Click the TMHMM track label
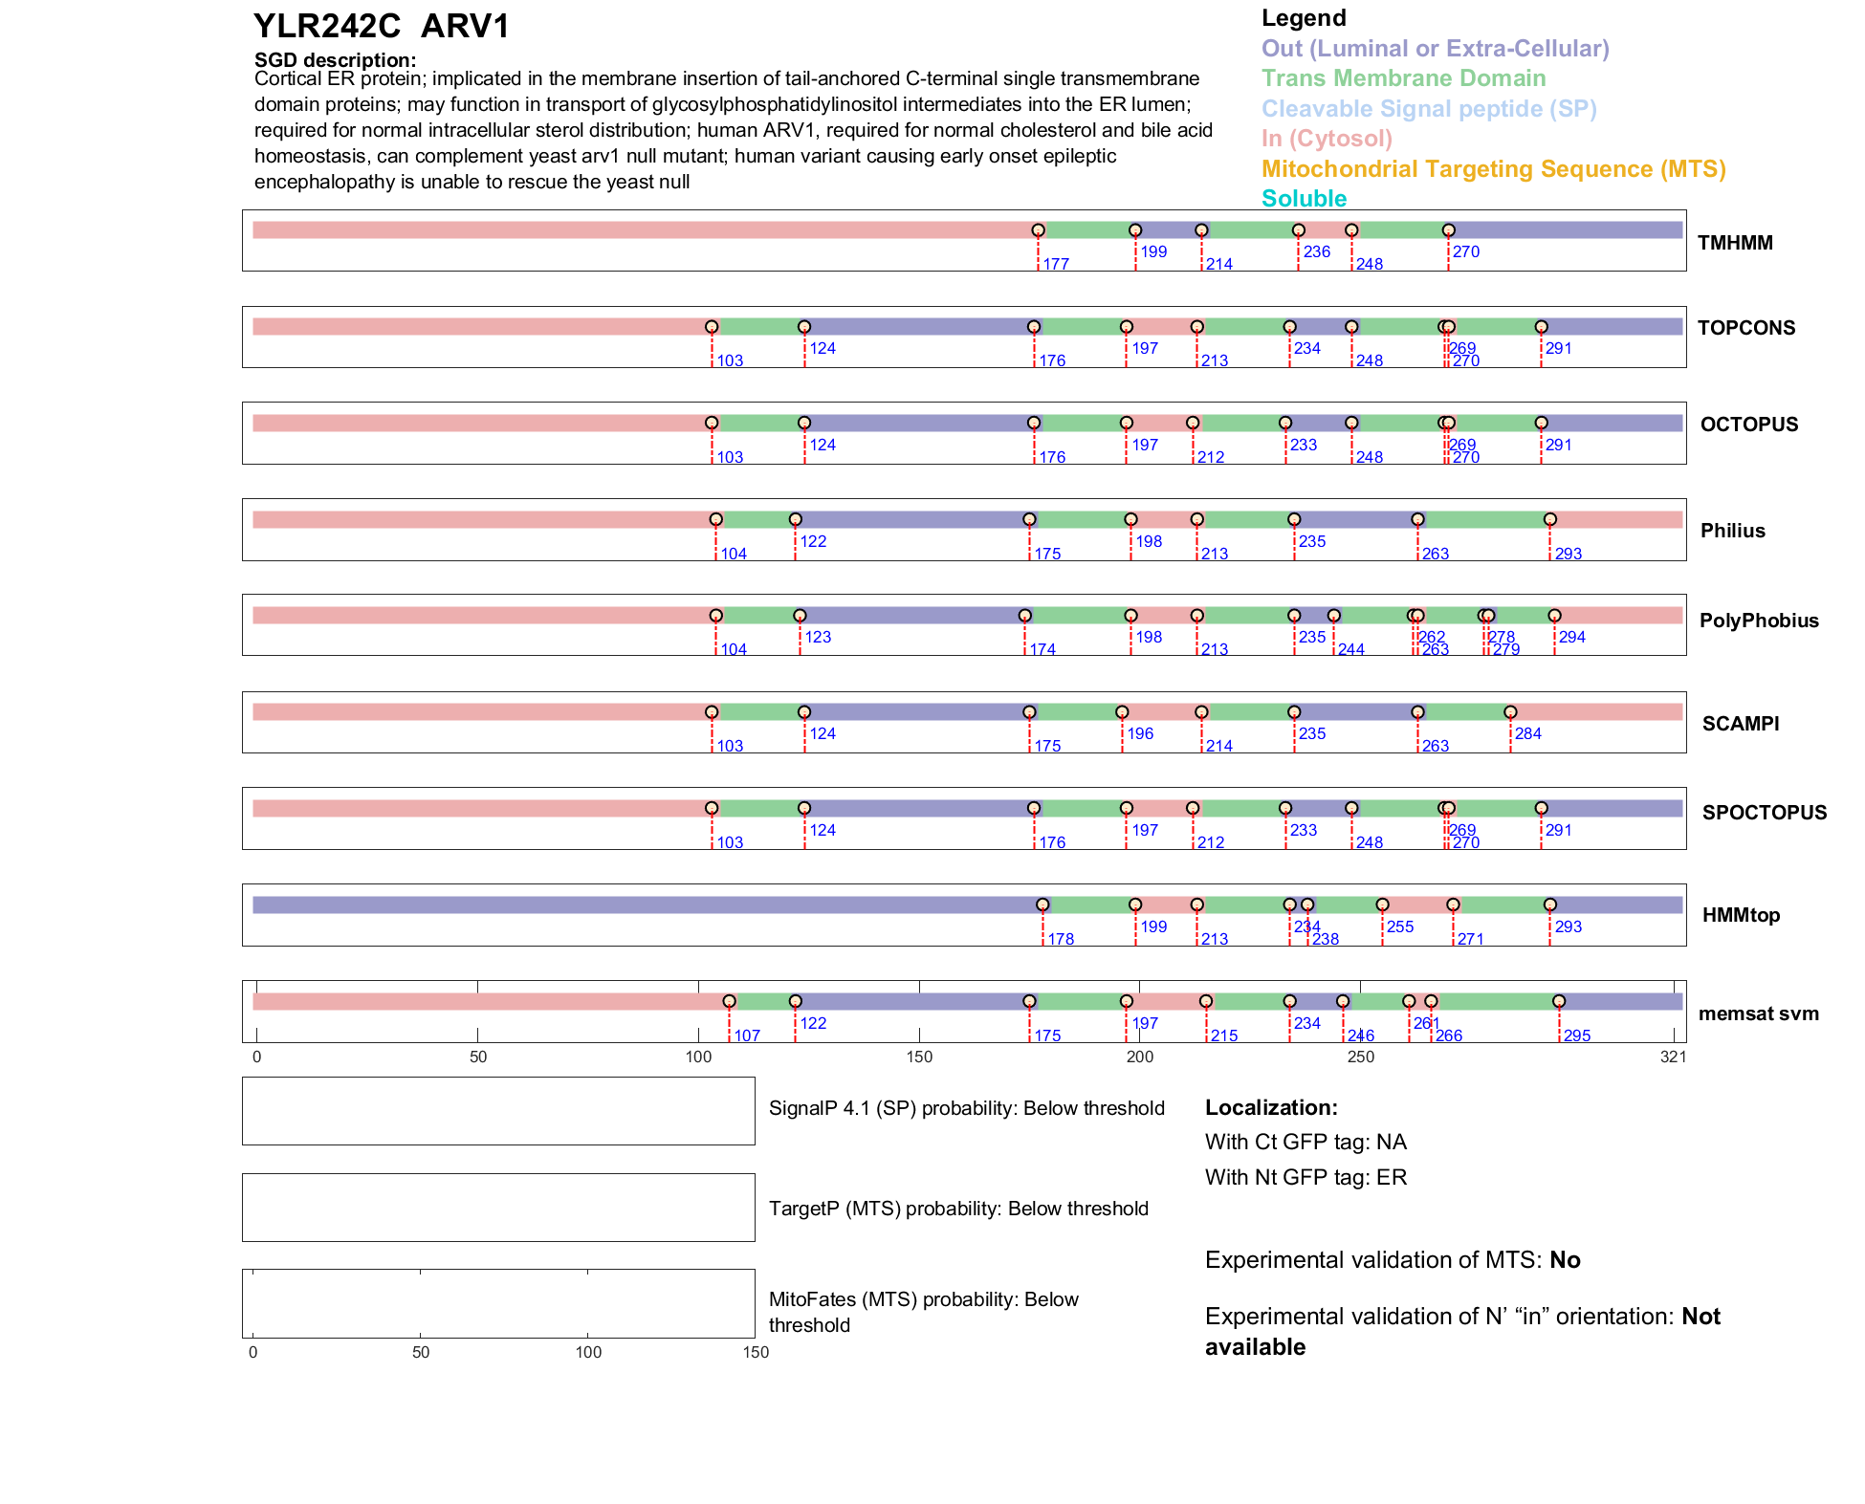[x=1735, y=243]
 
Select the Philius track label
[x=1732, y=531]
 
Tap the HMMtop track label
[x=1741, y=915]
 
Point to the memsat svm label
[x=1758, y=1014]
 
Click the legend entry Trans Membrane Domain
[x=1403, y=78]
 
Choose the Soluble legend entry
[x=1304, y=199]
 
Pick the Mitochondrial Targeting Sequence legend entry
[x=1493, y=169]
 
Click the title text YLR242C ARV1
[x=382, y=27]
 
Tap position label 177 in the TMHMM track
[x=1056, y=264]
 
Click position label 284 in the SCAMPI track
[x=1527, y=733]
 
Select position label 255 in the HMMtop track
[x=1399, y=926]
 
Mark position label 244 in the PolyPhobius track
[x=1350, y=650]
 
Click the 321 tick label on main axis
[x=1673, y=1057]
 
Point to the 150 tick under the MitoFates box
[x=756, y=1352]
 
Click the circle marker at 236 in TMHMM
[x=1298, y=230]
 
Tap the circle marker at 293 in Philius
[x=1549, y=519]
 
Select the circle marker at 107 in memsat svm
[x=729, y=1001]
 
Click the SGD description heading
[x=335, y=60]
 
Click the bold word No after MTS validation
[x=1565, y=1260]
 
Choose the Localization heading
[x=1271, y=1107]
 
